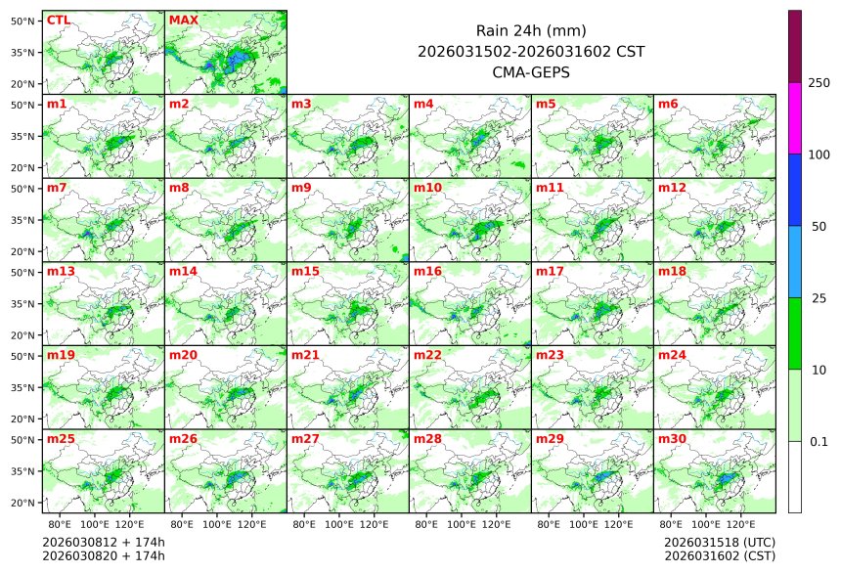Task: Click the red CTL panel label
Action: point(58,20)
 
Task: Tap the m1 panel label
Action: point(57,104)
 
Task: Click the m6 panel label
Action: point(668,104)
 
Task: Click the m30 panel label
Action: point(672,439)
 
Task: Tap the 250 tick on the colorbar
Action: point(819,83)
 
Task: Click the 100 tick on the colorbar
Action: point(819,154)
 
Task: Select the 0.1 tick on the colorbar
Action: point(819,442)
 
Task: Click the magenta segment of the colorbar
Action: point(795,118)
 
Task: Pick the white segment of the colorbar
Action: point(795,476)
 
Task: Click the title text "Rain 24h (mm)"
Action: point(530,30)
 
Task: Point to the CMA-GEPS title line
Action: point(530,71)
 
